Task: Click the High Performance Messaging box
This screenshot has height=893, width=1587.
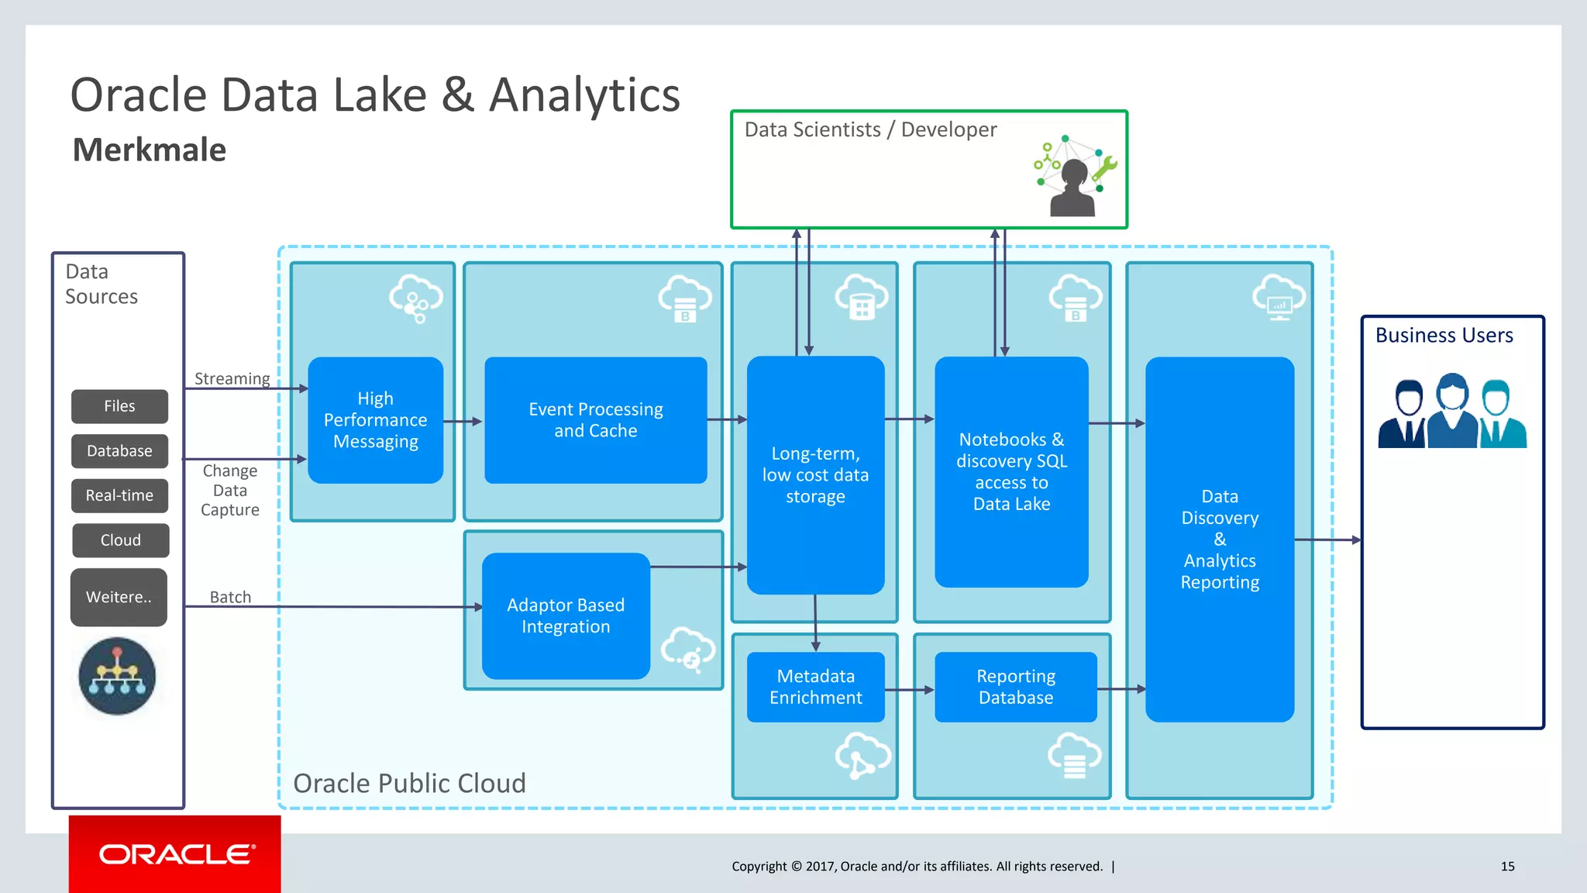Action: [375, 420]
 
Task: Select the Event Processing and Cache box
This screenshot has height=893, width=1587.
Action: [595, 420]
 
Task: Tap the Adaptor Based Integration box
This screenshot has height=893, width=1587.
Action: [566, 616]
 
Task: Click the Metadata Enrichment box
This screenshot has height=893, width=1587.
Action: [815, 687]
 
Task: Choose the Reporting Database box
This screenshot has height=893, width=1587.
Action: [1015, 687]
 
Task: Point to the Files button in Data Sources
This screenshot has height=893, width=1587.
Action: [119, 406]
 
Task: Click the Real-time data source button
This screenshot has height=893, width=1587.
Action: [119, 496]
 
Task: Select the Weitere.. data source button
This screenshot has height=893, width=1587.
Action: [119, 598]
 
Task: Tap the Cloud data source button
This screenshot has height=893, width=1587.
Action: [120, 540]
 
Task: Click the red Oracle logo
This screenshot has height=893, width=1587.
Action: [175, 854]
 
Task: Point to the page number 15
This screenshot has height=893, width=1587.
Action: [1507, 867]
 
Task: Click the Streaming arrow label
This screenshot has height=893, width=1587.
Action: [232, 378]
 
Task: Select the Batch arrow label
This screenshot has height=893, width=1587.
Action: [230, 597]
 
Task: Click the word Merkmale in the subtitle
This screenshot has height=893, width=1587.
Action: [149, 150]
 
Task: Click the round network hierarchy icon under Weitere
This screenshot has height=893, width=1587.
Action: [117, 676]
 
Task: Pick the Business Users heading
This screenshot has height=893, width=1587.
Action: [1444, 336]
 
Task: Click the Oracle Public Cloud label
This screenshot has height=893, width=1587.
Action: [409, 783]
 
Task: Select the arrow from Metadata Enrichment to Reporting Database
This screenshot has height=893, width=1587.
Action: [910, 689]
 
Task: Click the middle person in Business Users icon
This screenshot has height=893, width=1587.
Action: [1452, 411]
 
